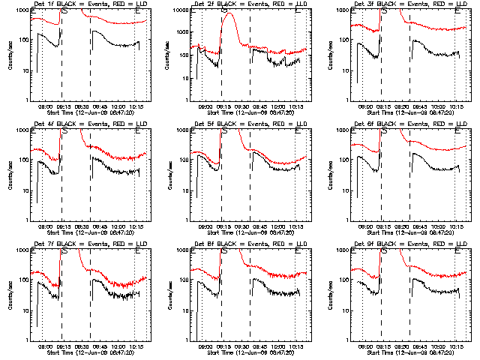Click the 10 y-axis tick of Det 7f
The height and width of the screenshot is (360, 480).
pyautogui.click(x=25, y=310)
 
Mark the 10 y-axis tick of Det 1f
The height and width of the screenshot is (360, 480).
pyautogui.click(x=25, y=70)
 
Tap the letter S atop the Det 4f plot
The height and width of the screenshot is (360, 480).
pyautogui.click(x=65, y=130)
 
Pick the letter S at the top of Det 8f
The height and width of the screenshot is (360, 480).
pyautogui.click(x=226, y=250)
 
